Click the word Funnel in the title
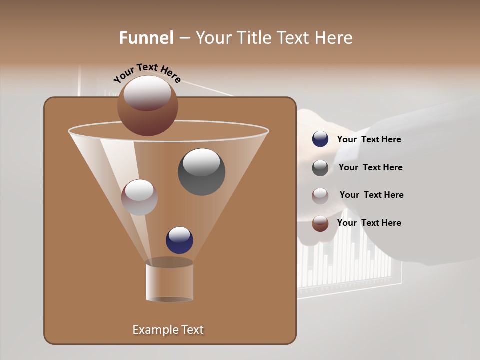146,38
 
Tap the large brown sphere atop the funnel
147,106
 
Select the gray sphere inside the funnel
201,172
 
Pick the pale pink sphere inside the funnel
139,197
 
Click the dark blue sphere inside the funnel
179,240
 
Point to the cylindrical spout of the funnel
169,281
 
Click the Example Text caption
168,330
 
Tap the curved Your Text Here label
147,73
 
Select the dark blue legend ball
320,139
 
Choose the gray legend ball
320,168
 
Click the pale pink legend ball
320,196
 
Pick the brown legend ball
320,223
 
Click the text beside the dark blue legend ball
369,140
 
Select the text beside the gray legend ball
370,168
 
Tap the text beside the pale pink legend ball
371,195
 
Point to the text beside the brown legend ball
369,223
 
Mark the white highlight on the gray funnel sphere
201,161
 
